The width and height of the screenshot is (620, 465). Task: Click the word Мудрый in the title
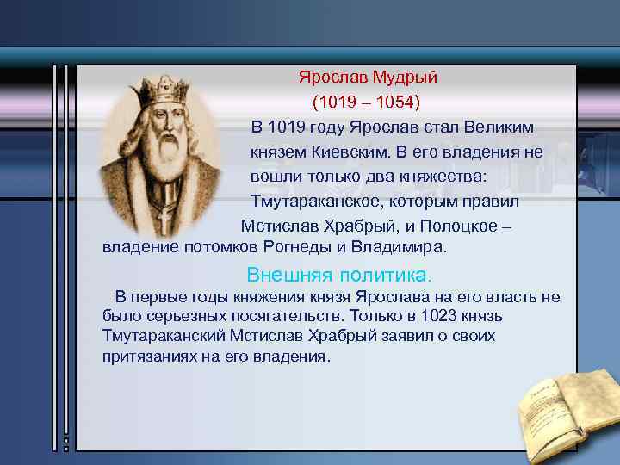coord(405,77)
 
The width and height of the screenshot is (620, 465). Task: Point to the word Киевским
coord(353,152)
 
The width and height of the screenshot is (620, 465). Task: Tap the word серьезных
coord(178,316)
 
